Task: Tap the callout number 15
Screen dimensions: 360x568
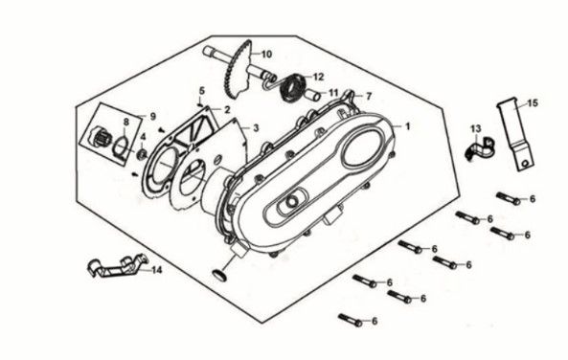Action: click(533, 103)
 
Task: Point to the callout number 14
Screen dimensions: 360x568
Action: click(157, 270)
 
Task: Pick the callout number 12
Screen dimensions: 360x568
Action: click(319, 77)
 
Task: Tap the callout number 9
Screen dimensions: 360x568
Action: click(152, 116)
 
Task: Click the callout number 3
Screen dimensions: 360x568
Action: click(256, 127)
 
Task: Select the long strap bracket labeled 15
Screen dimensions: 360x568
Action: click(513, 134)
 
